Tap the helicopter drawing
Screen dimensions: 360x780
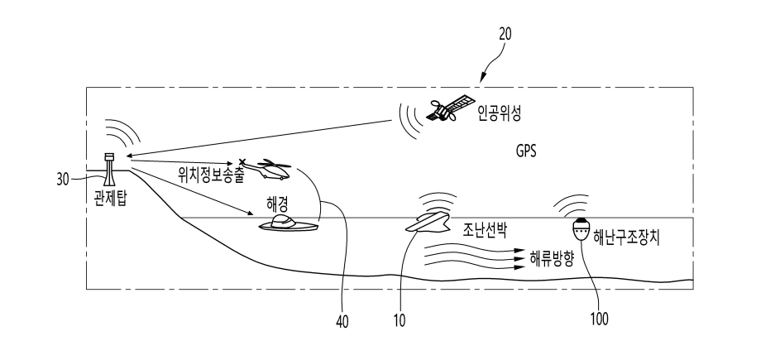[267, 170]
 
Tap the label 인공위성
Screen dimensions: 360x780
[501, 110]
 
